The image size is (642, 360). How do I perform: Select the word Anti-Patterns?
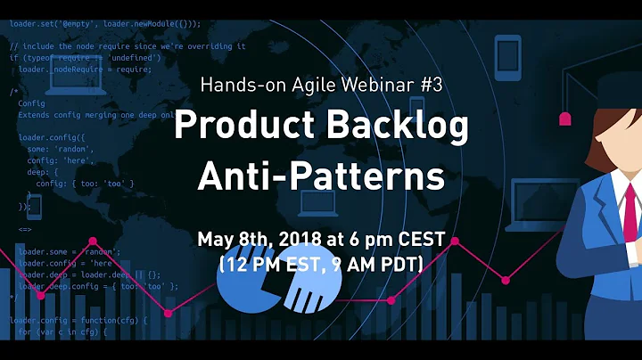[321, 176]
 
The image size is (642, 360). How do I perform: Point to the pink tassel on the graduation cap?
[564, 118]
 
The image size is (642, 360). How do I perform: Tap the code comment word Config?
[31, 103]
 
